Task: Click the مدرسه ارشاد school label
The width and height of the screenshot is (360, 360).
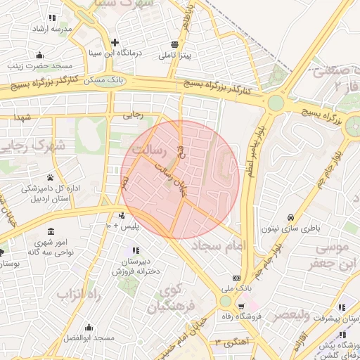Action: coord(51,29)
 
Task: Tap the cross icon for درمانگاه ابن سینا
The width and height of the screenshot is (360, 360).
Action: coord(115,43)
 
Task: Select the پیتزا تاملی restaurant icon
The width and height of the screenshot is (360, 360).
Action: coord(174,44)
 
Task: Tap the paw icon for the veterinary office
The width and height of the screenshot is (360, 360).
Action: coord(51,177)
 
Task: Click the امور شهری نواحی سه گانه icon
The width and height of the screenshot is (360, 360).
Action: coord(50,231)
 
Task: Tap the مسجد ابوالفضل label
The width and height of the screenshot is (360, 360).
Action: coord(89,338)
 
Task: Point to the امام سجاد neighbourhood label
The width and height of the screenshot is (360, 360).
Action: coord(229,246)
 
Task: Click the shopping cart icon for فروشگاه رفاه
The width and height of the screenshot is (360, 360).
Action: coord(241,307)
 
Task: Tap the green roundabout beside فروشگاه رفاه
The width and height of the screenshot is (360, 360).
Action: coord(225,301)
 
